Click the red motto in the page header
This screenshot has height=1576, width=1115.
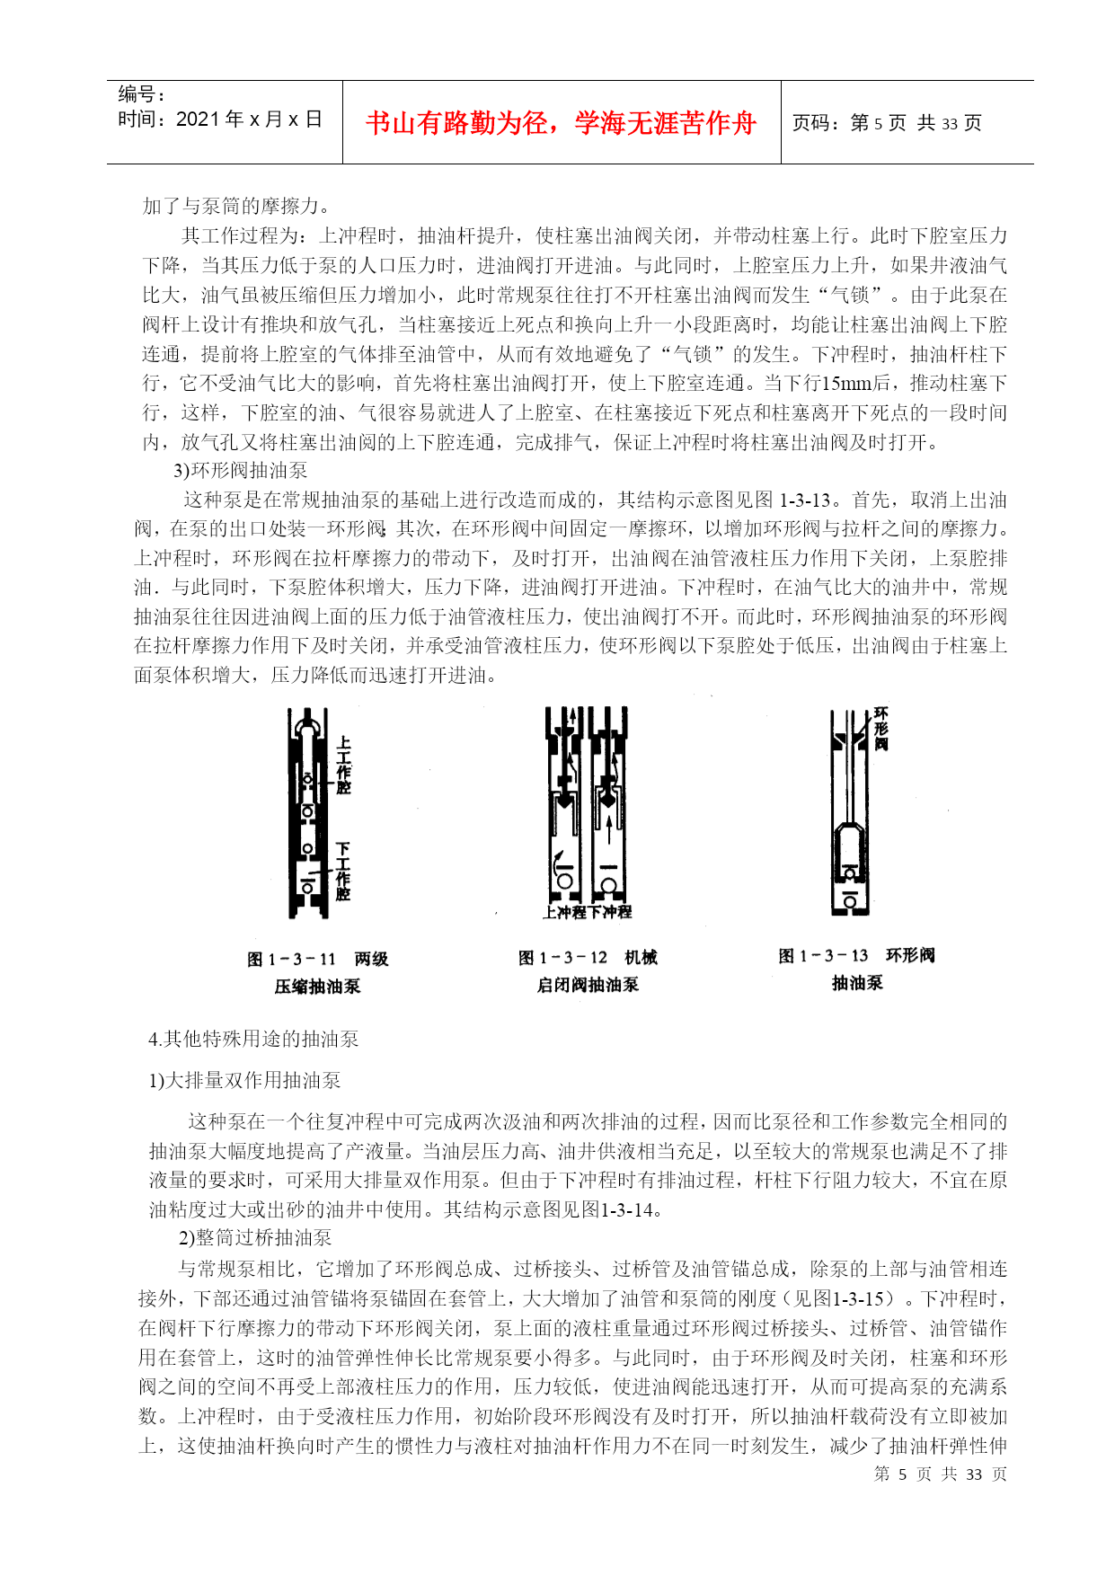coord(561,123)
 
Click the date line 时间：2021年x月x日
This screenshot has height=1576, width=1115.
coord(220,120)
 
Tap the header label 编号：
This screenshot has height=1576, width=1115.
coord(142,94)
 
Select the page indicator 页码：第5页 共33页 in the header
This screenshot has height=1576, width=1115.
coord(886,123)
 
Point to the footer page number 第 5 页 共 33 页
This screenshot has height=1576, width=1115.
coord(940,1474)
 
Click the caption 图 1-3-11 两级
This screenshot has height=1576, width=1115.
coord(317,959)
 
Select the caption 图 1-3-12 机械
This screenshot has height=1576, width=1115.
coord(588,957)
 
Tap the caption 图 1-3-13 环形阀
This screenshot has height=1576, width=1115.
coord(856,955)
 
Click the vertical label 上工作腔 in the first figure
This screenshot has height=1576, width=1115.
coord(343,766)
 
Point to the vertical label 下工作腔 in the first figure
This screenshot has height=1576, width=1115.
coord(343,871)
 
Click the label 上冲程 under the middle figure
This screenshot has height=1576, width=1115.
coord(564,912)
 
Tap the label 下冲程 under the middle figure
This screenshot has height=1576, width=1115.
coord(610,912)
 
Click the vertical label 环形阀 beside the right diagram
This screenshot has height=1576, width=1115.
coord(880,729)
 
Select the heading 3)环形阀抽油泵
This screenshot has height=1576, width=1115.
coord(240,470)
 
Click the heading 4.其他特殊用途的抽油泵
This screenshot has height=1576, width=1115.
coord(253,1039)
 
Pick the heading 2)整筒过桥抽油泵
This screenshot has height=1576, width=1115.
coord(254,1237)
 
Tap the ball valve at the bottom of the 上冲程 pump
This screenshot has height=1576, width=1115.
coord(565,881)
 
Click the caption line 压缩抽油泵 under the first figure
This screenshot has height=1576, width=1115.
coord(317,986)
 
